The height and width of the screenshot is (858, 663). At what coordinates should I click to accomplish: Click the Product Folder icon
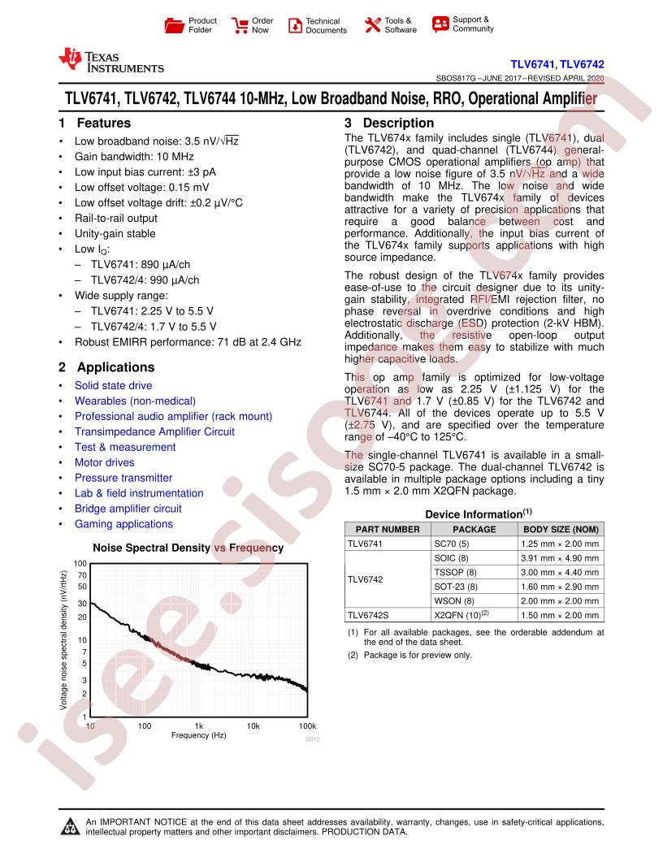pyautogui.click(x=175, y=25)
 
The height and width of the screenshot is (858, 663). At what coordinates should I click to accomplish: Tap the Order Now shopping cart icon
pyautogui.click(x=240, y=25)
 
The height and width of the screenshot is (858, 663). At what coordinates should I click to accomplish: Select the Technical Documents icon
pyautogui.click(x=294, y=25)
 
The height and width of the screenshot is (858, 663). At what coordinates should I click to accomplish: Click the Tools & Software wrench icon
pyautogui.click(x=373, y=25)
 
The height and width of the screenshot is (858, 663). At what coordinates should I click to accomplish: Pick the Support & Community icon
pyautogui.click(x=440, y=24)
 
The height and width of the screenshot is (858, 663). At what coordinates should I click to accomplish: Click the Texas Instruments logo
pyautogui.click(x=111, y=61)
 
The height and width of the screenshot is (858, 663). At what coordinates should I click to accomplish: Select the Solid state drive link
pyautogui.click(x=113, y=385)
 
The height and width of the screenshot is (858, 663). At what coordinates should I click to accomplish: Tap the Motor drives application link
pyautogui.click(x=104, y=462)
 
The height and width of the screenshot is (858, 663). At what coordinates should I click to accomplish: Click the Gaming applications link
pyautogui.click(x=123, y=524)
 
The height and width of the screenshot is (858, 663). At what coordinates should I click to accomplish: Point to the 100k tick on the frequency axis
pyautogui.click(x=307, y=725)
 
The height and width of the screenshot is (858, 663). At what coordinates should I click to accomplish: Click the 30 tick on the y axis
pyautogui.click(x=82, y=604)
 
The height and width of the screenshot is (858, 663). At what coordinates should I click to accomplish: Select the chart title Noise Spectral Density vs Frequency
pyautogui.click(x=188, y=548)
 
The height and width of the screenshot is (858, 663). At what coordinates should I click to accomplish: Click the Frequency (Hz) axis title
pyautogui.click(x=198, y=734)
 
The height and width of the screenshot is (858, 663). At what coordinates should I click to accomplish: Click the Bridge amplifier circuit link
pyautogui.click(x=128, y=509)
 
